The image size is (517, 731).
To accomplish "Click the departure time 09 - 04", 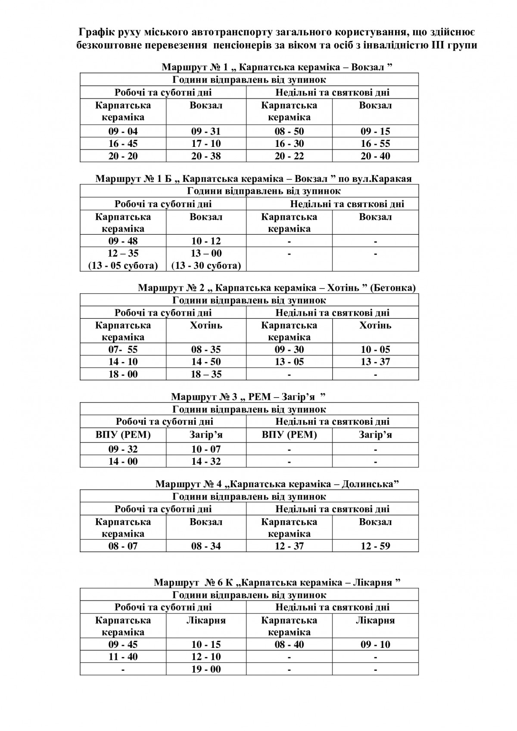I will [123, 131].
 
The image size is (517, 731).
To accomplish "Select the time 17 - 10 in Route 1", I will [206, 143].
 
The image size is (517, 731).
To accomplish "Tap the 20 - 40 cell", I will [375, 156].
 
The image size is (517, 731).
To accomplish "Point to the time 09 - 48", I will [123, 241].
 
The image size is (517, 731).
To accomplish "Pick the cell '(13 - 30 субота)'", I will [206, 265].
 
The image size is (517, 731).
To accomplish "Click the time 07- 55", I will [123, 349].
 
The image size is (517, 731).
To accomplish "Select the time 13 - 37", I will [375, 361].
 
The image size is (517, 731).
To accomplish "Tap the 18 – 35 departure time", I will [206, 374].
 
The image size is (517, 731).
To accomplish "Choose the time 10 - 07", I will [206, 449].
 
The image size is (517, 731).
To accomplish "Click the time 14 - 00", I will [123, 461].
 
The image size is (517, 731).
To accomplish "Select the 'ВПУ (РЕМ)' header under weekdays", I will [123, 435].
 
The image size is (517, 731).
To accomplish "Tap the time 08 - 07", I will [123, 546].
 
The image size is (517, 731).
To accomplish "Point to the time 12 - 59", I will [375, 546].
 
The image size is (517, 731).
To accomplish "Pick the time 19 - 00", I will [206, 669].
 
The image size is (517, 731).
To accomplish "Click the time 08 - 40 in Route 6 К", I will [289, 644].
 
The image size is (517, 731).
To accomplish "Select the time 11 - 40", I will [123, 656].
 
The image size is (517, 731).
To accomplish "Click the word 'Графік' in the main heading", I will [93, 32].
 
